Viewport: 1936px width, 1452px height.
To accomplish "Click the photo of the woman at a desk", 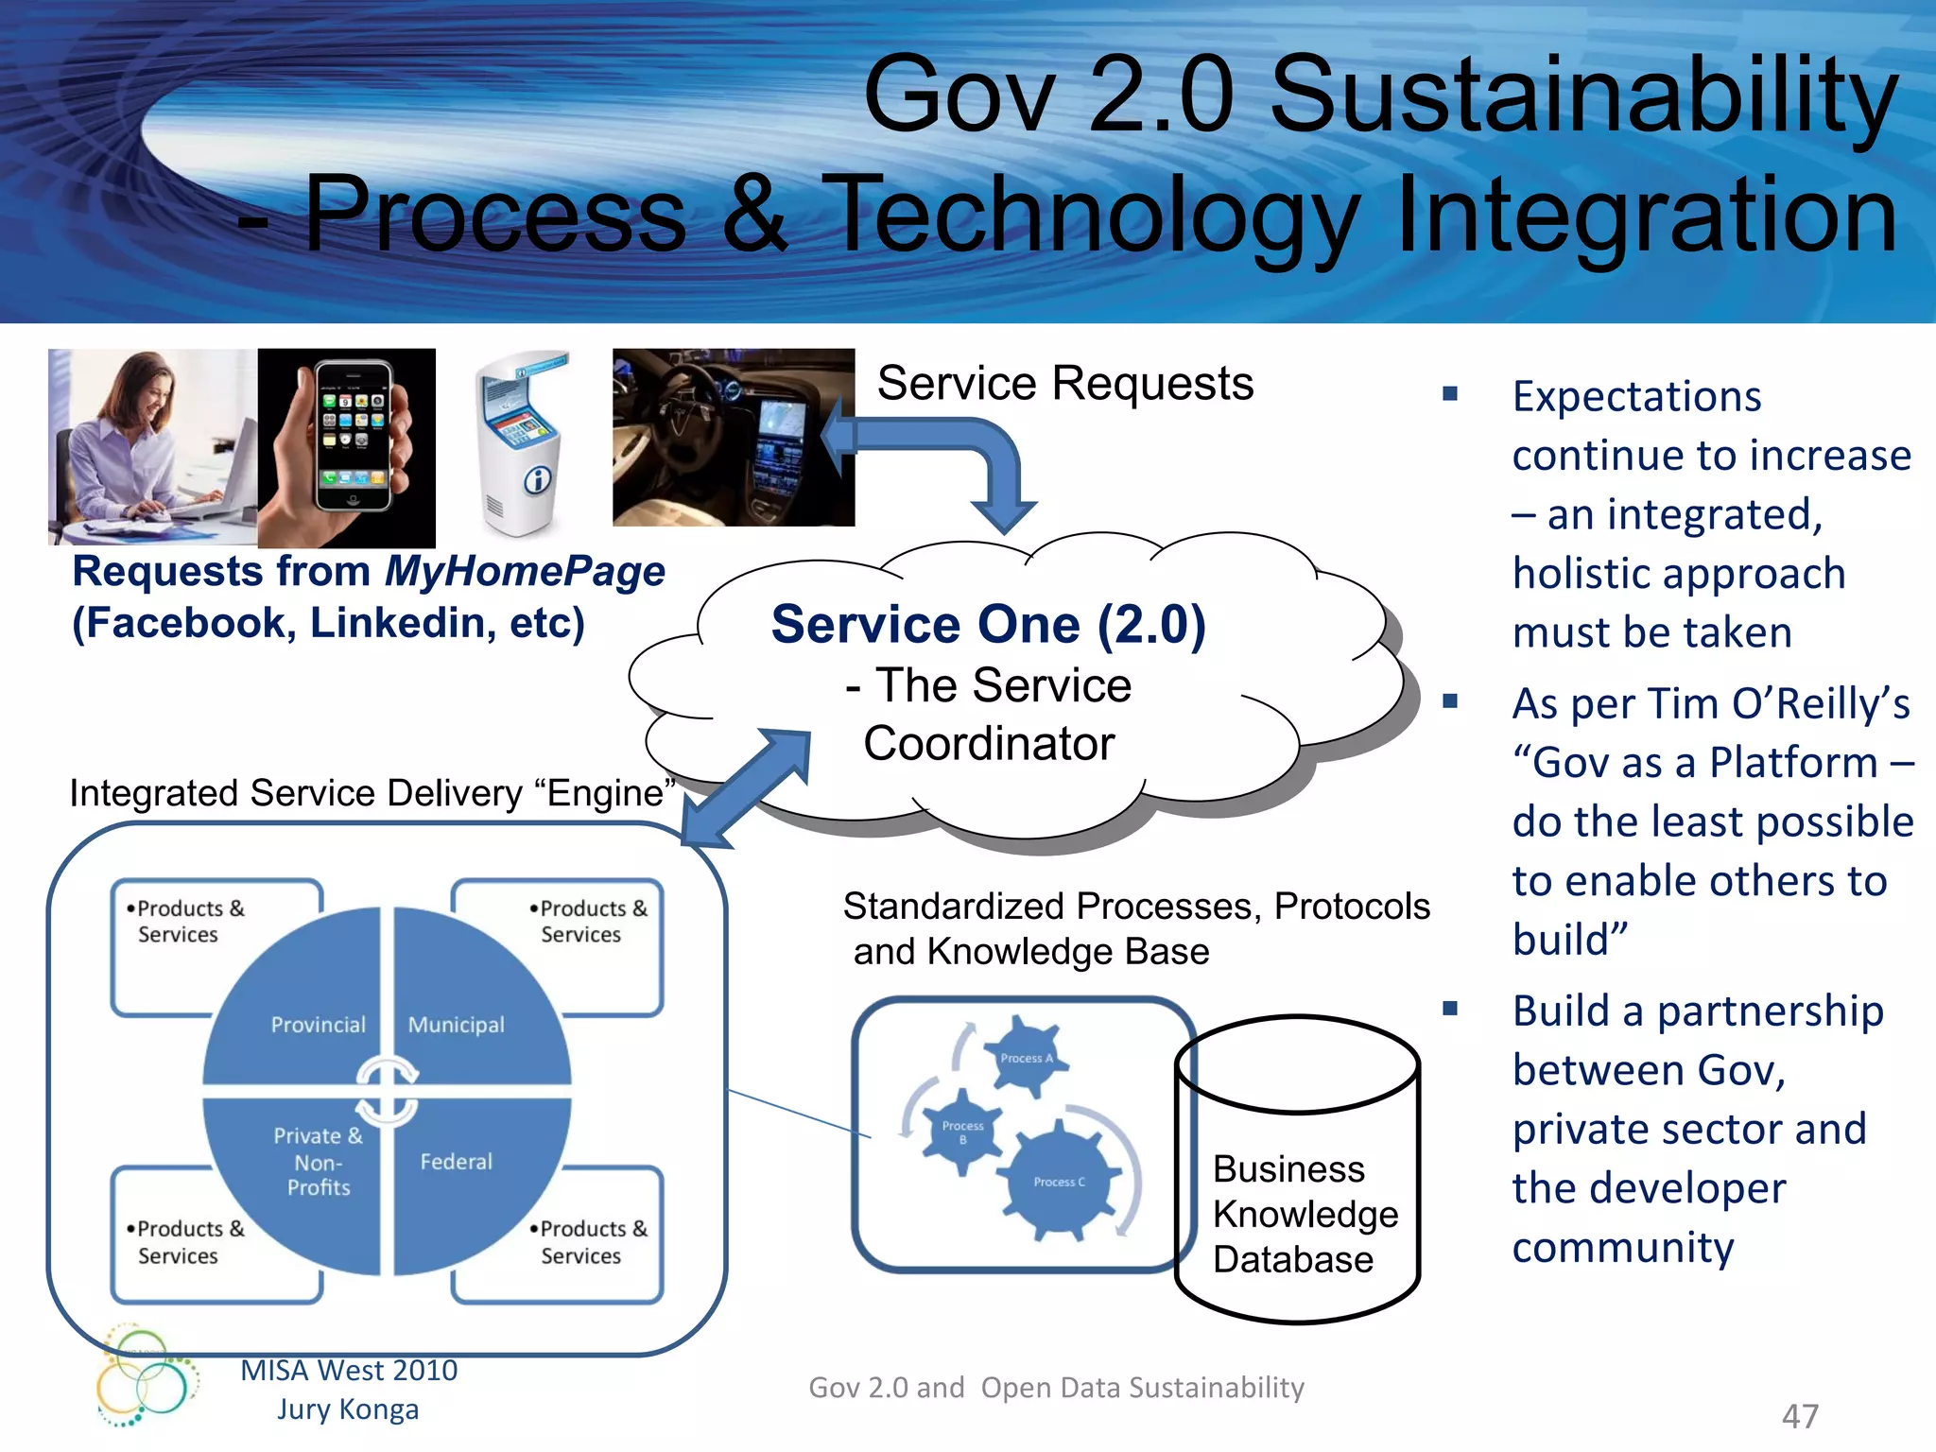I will (152, 446).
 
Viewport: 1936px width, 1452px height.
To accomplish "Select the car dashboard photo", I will (733, 437).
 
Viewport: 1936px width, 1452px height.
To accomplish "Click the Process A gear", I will (1025, 1057).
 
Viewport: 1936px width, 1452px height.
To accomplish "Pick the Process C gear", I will (1058, 1181).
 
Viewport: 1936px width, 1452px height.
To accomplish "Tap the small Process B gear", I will (961, 1131).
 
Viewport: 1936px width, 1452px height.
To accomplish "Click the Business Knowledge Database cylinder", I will (1297, 1172).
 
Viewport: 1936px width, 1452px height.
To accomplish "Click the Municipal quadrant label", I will (456, 1025).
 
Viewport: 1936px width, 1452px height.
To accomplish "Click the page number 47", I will (1800, 1416).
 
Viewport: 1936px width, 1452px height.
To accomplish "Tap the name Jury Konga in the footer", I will (348, 1409).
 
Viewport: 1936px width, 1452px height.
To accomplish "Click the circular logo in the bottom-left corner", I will (147, 1376).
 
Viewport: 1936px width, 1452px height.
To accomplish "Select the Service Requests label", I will (1065, 384).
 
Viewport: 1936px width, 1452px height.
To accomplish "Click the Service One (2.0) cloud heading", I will (988, 625).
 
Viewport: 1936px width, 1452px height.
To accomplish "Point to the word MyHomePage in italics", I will (525, 572).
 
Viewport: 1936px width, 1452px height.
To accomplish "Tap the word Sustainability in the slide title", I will (1583, 96).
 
